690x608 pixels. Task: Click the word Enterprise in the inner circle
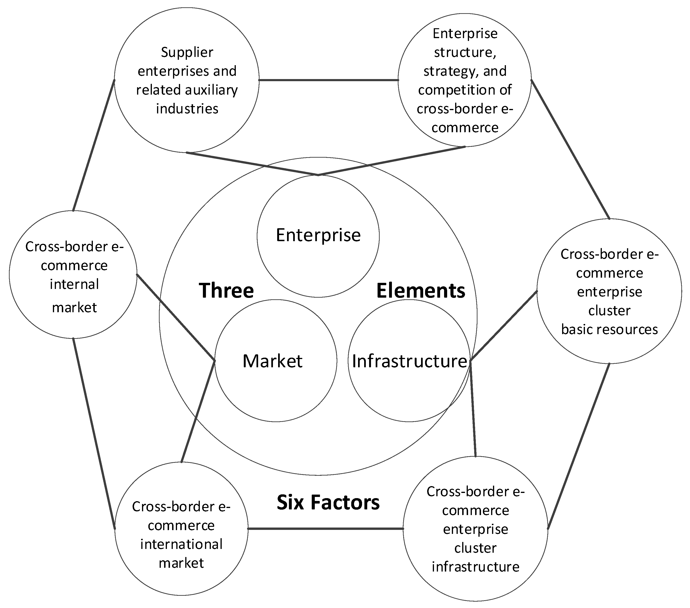click(x=318, y=236)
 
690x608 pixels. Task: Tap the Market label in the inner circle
click(x=272, y=361)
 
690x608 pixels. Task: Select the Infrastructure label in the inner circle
click(x=409, y=361)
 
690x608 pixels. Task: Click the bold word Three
click(x=226, y=291)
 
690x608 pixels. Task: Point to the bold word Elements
click(x=421, y=291)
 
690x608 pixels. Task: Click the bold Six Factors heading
click(x=328, y=502)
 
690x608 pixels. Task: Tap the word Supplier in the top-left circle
click(x=187, y=52)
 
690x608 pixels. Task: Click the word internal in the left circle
click(x=74, y=284)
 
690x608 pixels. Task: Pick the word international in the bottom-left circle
click(x=181, y=544)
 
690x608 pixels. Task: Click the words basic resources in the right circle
click(x=609, y=329)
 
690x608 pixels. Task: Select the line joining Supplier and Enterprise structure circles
click(x=328, y=80)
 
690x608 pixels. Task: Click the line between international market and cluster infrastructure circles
click(x=325, y=528)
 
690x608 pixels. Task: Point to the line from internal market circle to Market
click(x=176, y=317)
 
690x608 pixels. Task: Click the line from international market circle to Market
click(x=198, y=412)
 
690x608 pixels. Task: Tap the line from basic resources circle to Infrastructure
click(x=504, y=326)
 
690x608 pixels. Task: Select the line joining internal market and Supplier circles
click(x=94, y=145)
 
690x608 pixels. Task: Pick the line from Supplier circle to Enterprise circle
click(x=252, y=164)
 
